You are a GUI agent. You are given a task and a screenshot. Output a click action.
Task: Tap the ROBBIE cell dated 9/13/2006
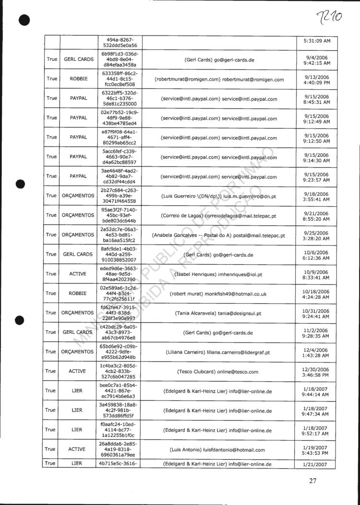(x=78, y=79)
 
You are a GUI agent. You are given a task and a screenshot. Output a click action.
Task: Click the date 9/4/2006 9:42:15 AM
(x=317, y=60)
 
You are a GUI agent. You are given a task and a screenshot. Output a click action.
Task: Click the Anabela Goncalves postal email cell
(x=218, y=235)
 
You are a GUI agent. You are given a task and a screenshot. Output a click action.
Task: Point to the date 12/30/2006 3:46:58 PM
(x=317, y=372)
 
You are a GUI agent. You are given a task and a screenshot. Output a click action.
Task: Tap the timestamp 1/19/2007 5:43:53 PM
(x=317, y=450)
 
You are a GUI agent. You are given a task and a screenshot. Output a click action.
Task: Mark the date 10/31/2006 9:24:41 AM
(x=317, y=313)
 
